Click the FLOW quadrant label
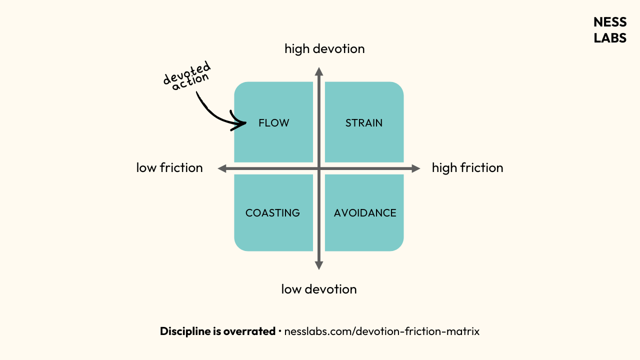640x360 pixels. tap(273, 123)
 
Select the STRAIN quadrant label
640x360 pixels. tap(364, 123)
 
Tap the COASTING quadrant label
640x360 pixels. tap(272, 213)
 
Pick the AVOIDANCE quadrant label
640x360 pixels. tap(365, 213)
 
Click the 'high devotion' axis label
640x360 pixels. tap(324, 48)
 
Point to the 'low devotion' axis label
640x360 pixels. tap(319, 289)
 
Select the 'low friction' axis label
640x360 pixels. tap(169, 167)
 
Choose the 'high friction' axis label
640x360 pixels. tap(467, 167)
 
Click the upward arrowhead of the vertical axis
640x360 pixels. tap(319, 71)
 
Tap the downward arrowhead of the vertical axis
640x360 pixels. tap(319, 265)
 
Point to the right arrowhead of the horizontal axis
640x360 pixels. tap(415, 169)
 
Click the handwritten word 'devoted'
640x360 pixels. tap(186, 74)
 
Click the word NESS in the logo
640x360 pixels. tap(610, 22)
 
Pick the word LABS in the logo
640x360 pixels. tap(610, 38)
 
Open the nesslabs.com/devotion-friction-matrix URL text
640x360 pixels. tap(382, 331)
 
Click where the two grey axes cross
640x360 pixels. tap(319, 169)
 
